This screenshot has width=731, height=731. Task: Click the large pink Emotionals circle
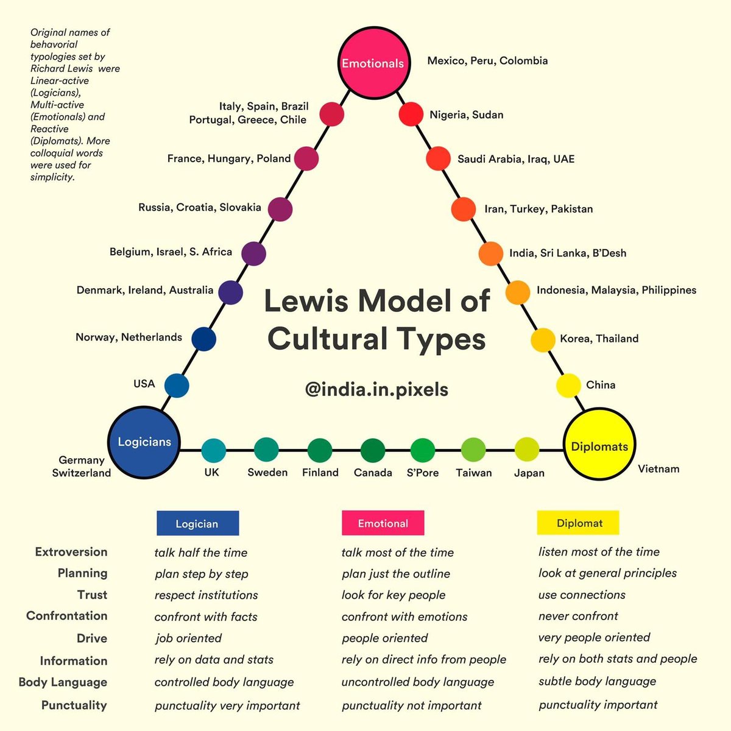point(372,63)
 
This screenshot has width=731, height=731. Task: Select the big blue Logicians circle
point(144,442)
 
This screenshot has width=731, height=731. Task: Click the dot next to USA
point(177,386)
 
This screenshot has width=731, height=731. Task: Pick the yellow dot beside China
point(568,386)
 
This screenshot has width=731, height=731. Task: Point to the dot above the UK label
point(213,451)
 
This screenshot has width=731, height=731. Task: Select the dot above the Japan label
point(527,450)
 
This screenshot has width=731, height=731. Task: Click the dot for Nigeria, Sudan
point(411,114)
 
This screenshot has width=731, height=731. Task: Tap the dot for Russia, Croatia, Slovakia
point(280,209)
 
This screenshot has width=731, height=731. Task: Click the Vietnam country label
point(658,469)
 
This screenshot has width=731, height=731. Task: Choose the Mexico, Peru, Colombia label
point(487,61)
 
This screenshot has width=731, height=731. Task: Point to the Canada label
point(373,473)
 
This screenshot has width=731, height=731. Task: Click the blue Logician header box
point(197,523)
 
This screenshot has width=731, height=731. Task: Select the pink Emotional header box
point(383,523)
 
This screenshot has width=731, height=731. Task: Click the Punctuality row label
point(74,705)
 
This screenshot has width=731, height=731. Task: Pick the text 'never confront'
point(578,616)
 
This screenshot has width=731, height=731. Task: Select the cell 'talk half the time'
point(201,553)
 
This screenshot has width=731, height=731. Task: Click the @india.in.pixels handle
point(376,389)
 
